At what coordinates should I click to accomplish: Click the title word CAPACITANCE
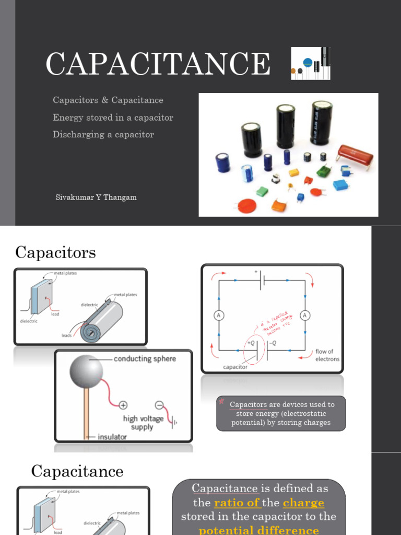pos(158,64)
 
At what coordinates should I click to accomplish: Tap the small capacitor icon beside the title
pos(310,64)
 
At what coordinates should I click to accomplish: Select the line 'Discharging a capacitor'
pos(103,134)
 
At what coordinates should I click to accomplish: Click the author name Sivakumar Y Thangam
pos(96,197)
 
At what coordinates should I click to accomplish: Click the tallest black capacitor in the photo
pos(321,122)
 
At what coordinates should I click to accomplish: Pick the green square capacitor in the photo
pos(324,171)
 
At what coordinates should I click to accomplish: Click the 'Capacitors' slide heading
pos(55,252)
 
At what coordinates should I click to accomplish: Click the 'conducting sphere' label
pos(145,359)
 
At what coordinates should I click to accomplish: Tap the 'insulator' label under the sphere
pos(112,437)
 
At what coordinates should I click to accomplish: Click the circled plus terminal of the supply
pos(123,405)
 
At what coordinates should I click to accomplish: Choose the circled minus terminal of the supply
pos(159,405)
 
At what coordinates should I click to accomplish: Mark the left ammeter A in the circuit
pos(218,315)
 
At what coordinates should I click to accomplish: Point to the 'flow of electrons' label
pos(327,355)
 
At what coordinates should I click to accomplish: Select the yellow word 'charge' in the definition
pos(303,503)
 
